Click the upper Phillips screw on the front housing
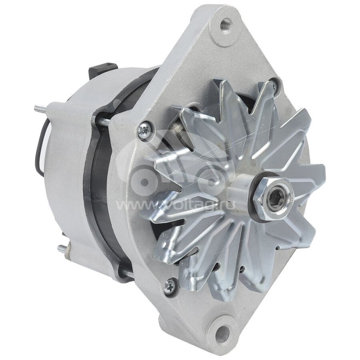pos(145,129)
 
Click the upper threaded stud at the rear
pos(40,108)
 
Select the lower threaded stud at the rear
pos(63,247)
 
